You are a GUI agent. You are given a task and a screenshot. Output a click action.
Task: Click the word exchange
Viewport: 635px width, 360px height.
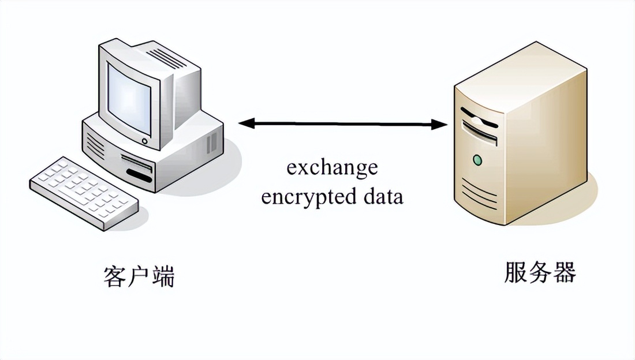(332, 168)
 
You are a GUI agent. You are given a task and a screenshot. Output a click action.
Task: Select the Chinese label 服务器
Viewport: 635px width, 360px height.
(540, 273)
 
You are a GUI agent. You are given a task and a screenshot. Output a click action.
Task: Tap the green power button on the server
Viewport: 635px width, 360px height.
(477, 159)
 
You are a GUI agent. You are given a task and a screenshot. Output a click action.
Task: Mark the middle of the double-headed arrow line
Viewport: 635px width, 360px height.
(343, 123)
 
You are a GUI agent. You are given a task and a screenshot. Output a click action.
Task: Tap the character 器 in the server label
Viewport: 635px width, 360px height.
(564, 273)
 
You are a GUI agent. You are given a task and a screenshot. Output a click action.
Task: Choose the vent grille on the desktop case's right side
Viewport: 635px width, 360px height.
(212, 142)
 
